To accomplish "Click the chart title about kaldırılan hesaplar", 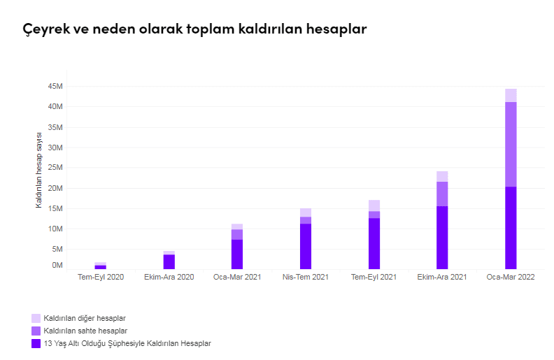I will pyautogui.click(x=194, y=29).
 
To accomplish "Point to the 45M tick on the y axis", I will pyautogui.click(x=56, y=87).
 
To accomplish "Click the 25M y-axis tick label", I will pyautogui.click(x=56, y=168).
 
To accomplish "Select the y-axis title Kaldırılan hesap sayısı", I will pyautogui.click(x=40, y=170).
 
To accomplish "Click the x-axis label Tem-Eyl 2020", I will pyautogui.click(x=100, y=278).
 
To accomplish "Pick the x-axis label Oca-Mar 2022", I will pyautogui.click(x=511, y=278).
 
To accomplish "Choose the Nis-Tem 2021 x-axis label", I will pyautogui.click(x=306, y=278).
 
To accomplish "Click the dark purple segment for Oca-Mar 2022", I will pyautogui.click(x=511, y=228).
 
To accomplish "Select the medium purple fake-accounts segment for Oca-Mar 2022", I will pyautogui.click(x=511, y=144).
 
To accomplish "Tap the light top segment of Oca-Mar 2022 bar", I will pyautogui.click(x=511, y=95).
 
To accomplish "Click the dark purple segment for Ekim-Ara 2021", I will pyautogui.click(x=442, y=238).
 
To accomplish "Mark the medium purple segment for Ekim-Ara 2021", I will pyautogui.click(x=442, y=194).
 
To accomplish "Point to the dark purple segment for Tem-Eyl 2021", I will pyautogui.click(x=374, y=243).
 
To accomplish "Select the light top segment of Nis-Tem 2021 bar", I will pyautogui.click(x=306, y=213).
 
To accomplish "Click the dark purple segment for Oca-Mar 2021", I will pyautogui.click(x=237, y=254).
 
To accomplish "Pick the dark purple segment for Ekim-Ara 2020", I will pyautogui.click(x=169, y=261).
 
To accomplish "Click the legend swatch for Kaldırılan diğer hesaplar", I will pyautogui.click(x=36, y=318).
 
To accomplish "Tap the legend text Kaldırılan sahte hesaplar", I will pyautogui.click(x=85, y=331).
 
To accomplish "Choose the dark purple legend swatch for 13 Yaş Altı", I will pyautogui.click(x=36, y=343).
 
